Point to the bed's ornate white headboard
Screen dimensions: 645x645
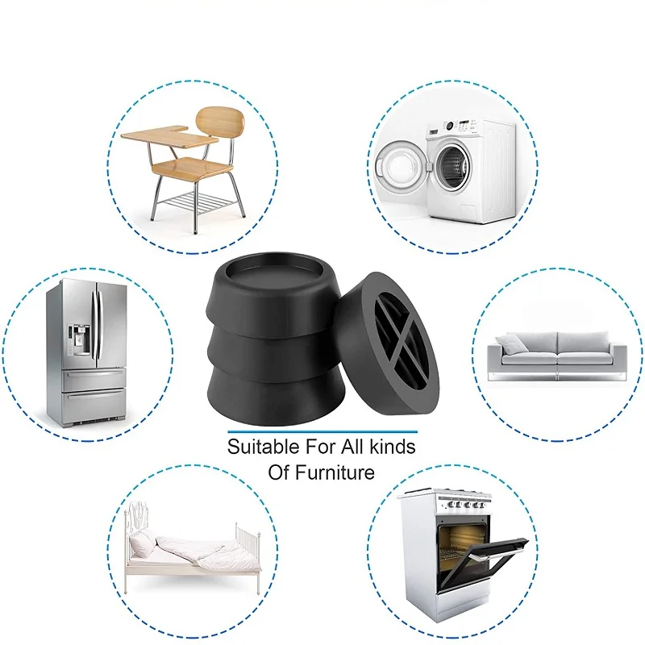click(139, 525)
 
